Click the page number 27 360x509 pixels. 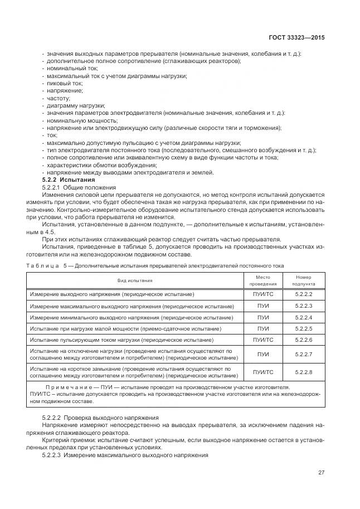click(321, 472)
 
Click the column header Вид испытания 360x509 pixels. click(134, 280)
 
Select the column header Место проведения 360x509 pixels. click(262, 280)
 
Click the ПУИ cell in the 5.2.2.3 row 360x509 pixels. click(262, 306)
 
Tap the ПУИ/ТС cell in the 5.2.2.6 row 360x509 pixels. click(262, 340)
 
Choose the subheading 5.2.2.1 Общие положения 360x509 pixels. click(79, 187)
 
